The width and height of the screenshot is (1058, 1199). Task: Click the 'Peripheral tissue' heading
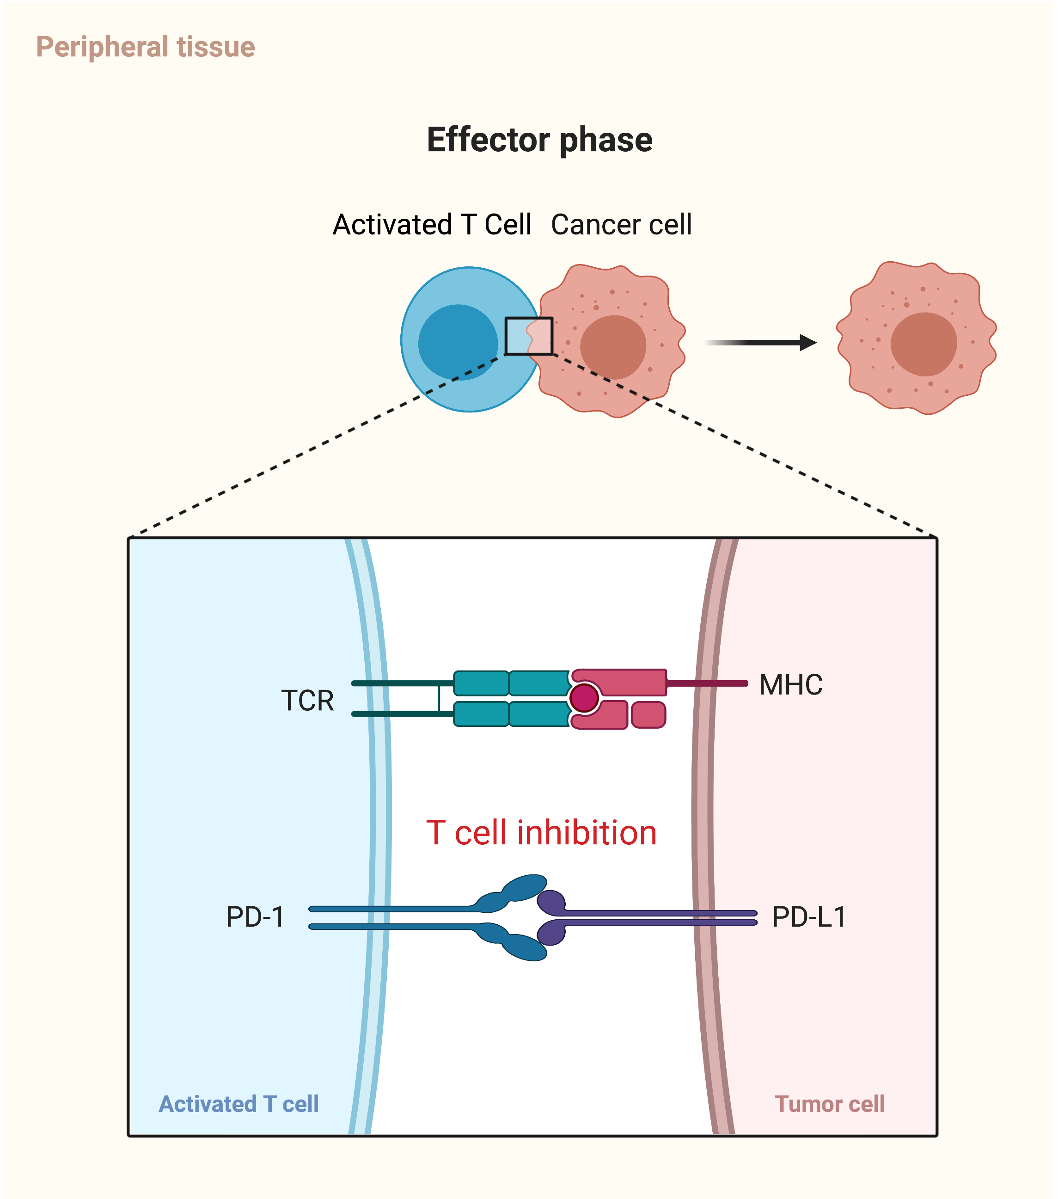[146, 47]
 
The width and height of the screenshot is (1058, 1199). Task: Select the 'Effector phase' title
[539, 140]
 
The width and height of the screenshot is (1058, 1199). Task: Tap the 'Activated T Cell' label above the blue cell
[432, 225]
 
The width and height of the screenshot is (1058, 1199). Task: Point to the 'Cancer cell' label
[621, 225]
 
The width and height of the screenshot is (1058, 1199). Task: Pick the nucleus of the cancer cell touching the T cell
[613, 347]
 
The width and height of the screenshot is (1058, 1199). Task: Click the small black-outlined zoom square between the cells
[528, 336]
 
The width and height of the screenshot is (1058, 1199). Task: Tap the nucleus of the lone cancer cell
[923, 344]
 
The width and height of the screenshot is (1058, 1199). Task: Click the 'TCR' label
[307, 701]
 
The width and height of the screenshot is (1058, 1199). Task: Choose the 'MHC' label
[790, 684]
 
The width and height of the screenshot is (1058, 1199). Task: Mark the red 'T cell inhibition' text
[541, 833]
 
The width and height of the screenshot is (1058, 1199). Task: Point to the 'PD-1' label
[255, 917]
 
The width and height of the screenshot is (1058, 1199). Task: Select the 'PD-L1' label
[809, 917]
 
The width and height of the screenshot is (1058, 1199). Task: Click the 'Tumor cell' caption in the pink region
[829, 1104]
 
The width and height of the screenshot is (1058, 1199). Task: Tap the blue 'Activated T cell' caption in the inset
[239, 1104]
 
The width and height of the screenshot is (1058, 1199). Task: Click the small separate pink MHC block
[648, 715]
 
